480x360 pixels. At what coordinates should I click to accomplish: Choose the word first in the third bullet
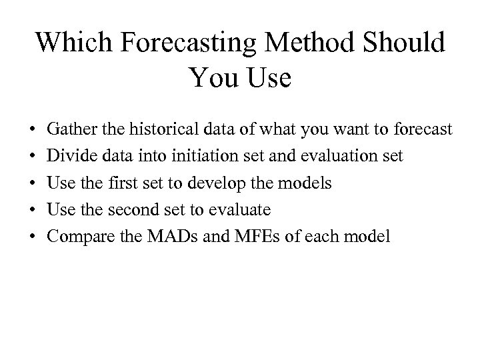pos(133,183)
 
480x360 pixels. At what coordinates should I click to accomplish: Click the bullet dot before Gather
pos(33,129)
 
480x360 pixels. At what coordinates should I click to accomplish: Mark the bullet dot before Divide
pos(33,156)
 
